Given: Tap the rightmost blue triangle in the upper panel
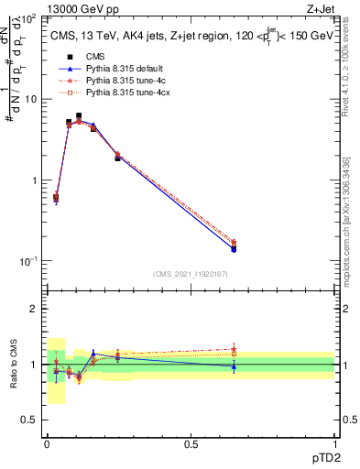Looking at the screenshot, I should tap(235, 248).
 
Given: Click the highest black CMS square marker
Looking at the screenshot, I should tap(79, 116).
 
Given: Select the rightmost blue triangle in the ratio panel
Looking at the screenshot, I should tap(235, 366).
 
